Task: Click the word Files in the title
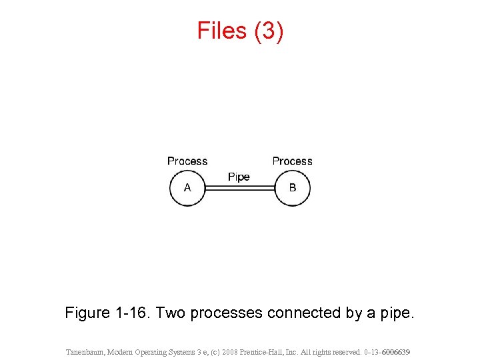(x=223, y=31)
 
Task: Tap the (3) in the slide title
(x=269, y=31)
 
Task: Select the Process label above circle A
(x=187, y=161)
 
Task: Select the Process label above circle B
(x=292, y=161)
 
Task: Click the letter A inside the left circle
(x=187, y=188)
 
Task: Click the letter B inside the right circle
(x=292, y=188)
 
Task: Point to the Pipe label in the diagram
(x=239, y=177)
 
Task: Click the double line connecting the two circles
(x=240, y=189)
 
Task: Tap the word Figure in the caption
(x=88, y=312)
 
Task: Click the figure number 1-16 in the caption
(x=133, y=312)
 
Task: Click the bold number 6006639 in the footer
(x=395, y=351)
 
